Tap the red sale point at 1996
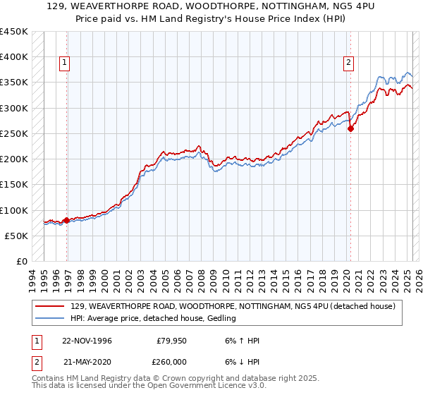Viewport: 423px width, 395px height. click(67, 220)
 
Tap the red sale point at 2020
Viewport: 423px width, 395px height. click(351, 128)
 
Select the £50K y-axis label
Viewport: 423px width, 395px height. click(16, 236)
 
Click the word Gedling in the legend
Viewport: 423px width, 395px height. click(221, 319)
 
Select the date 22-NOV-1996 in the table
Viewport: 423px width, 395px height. click(87, 341)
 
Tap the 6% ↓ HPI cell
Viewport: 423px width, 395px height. click(242, 362)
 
